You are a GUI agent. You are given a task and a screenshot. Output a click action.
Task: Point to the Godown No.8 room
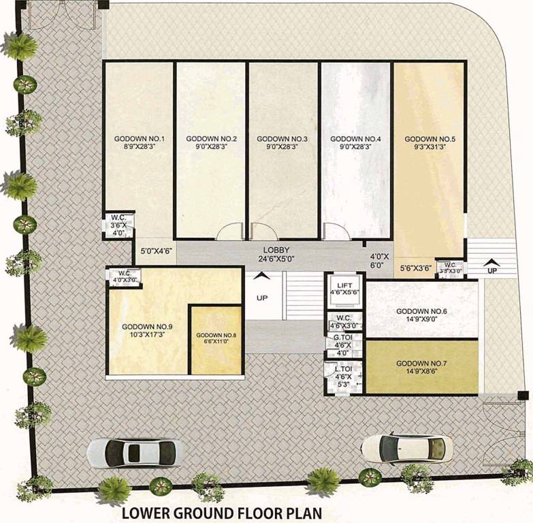tap(216, 339)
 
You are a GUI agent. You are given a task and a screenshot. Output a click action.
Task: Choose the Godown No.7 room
tap(421, 367)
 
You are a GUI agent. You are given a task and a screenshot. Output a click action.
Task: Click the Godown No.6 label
tap(421, 312)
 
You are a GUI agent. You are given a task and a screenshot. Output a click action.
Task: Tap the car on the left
tap(135, 451)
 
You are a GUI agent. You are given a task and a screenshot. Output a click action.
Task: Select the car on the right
tap(406, 450)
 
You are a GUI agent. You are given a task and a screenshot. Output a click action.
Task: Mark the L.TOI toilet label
tap(342, 368)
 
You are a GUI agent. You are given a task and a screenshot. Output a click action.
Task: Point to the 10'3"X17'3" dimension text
tap(147, 335)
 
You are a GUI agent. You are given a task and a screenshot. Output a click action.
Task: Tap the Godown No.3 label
tap(282, 139)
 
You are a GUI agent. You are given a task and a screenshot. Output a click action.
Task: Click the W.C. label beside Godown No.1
tap(118, 219)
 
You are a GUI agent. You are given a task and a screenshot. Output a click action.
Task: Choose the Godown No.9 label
tap(147, 327)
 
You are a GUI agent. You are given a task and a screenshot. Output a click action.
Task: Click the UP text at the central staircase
tap(261, 298)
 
